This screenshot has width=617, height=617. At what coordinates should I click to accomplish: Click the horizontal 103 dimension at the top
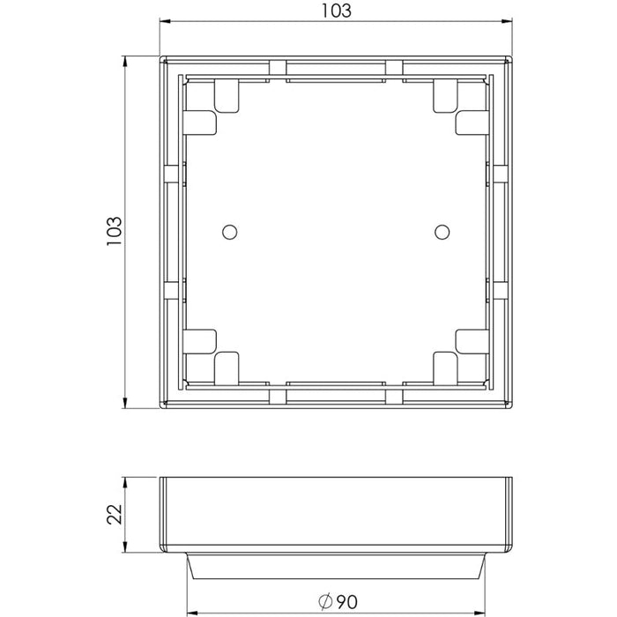point(337,11)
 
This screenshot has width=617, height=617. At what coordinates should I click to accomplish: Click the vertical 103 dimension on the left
point(115,232)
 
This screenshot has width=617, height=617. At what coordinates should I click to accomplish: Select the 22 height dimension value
point(115,514)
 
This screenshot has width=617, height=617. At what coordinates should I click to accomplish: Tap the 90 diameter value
point(346,602)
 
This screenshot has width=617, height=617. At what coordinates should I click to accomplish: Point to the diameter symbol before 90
point(325,602)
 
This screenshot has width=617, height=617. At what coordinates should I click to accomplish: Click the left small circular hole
point(230,232)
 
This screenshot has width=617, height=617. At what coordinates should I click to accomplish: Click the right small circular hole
point(442,232)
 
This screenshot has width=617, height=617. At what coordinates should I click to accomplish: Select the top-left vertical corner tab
point(227,96)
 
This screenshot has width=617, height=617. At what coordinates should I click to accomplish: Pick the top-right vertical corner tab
point(445,96)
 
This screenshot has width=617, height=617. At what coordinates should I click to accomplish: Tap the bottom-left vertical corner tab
point(227,368)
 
